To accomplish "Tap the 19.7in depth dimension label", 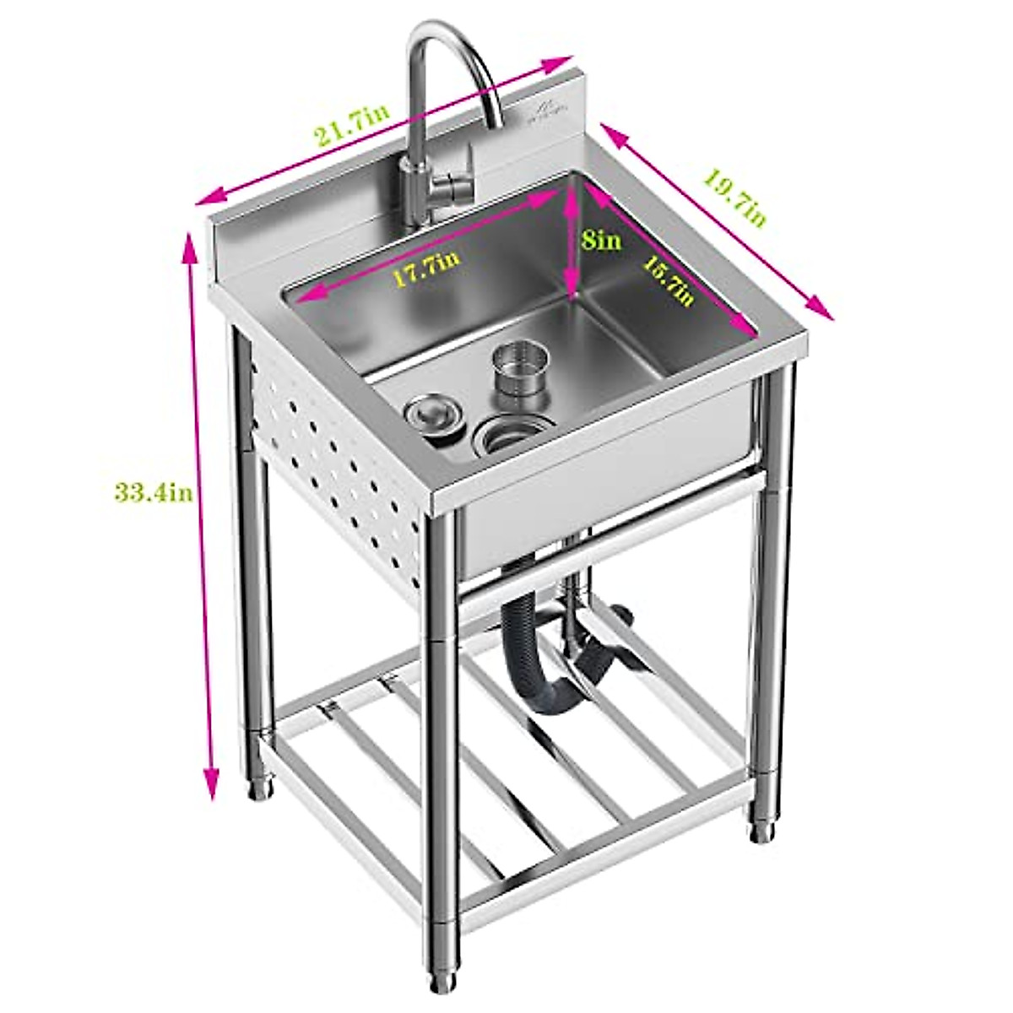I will point(734,199).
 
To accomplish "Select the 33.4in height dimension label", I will point(154,491).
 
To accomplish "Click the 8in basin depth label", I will point(602,240).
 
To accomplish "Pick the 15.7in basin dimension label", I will point(668,280).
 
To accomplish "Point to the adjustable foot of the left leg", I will point(261,785).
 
